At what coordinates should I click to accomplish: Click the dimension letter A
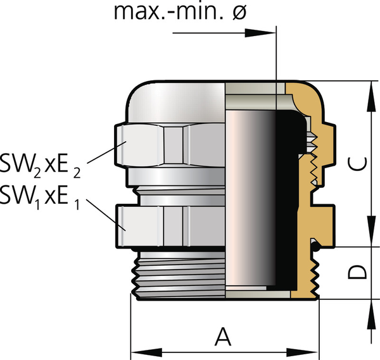222,335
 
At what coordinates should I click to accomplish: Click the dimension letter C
357,163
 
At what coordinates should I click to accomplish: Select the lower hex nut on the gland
171,225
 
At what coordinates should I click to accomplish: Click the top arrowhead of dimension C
369,88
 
